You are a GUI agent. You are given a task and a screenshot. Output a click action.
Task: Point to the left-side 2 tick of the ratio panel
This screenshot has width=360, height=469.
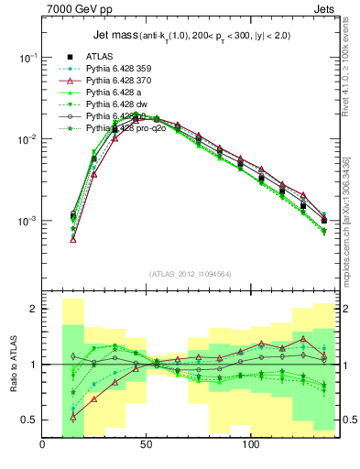tap(33, 309)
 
